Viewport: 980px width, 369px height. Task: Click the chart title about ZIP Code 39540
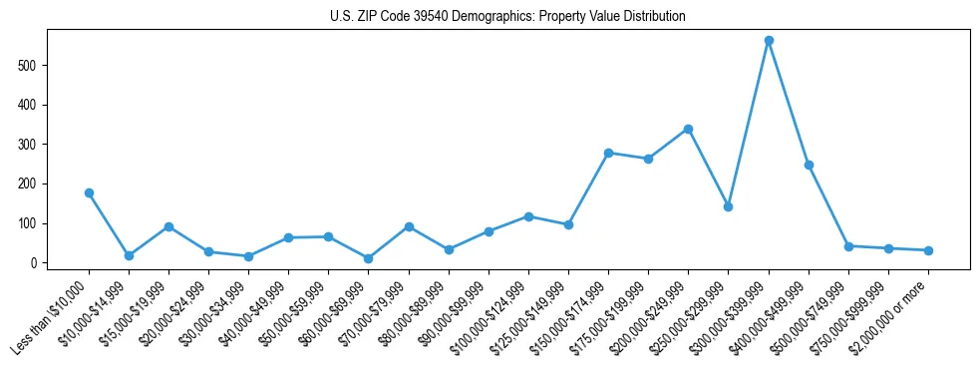point(507,17)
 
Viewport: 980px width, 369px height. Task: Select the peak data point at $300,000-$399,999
point(769,41)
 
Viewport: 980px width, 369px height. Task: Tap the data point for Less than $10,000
point(89,192)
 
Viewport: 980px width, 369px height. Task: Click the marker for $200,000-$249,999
point(688,129)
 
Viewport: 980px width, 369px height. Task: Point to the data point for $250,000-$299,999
point(728,206)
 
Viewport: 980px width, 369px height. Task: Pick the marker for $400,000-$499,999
point(809,165)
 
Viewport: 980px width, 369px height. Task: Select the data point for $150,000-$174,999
point(608,153)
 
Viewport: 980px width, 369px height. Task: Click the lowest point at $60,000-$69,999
point(369,258)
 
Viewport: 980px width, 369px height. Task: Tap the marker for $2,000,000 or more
point(928,250)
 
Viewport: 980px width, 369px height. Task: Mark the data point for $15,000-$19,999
point(168,226)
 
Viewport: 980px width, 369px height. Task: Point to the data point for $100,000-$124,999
point(528,216)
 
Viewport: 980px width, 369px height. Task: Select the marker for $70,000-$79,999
point(409,226)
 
